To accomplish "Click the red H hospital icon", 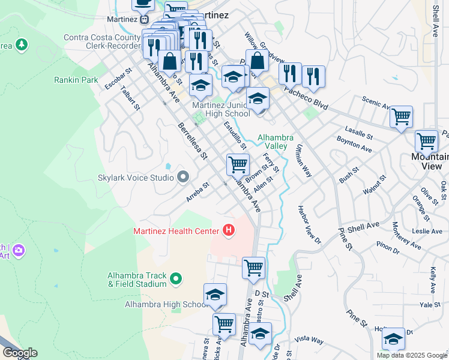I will point(228,229).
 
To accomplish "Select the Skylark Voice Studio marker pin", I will point(183,177).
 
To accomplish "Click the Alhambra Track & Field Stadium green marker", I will point(175,278).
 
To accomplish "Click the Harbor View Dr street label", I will point(310,226).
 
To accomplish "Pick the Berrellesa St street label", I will point(192,142).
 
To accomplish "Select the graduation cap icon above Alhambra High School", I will point(215,294).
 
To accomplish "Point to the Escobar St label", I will point(118,79).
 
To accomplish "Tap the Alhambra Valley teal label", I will point(276,142).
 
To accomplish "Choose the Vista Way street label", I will point(309,341).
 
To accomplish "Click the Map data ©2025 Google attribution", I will point(412,355).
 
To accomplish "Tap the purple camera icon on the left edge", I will point(19,250).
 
